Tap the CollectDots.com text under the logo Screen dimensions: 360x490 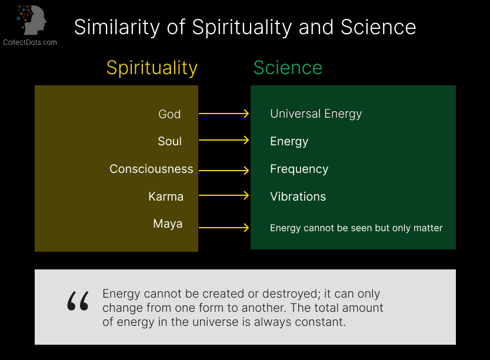[30, 42]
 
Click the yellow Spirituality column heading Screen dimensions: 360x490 [152, 68]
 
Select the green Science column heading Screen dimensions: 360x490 [288, 68]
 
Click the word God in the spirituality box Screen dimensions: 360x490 [169, 114]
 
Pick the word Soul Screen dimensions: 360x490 [169, 141]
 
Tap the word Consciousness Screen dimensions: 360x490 [151, 169]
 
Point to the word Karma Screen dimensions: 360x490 [166, 196]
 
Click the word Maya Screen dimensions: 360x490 [168, 224]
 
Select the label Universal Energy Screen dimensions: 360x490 [316, 114]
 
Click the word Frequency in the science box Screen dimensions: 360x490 [299, 169]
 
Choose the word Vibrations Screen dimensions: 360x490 [298, 196]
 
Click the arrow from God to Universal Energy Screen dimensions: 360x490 [224, 114]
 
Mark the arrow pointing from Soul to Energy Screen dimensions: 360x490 [224, 140]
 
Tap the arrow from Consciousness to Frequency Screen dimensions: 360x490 [224, 171]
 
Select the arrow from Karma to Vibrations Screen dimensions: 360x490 [224, 195]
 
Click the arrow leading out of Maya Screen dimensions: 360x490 [224, 228]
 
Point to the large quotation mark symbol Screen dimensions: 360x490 [78, 301]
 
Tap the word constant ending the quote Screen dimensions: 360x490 [324, 322]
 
